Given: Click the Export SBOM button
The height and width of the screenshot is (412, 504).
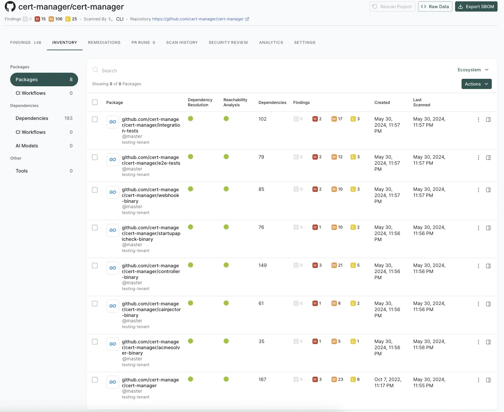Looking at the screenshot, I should point(476,6).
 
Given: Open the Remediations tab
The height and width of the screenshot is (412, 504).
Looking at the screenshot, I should point(104,42).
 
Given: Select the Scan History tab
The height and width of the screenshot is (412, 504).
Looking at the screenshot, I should point(182,42).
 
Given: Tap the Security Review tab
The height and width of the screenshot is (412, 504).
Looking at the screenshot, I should point(228,42).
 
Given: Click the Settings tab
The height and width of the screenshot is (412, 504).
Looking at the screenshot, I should point(305,42).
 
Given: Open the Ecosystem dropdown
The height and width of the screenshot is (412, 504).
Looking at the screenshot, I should point(473,70).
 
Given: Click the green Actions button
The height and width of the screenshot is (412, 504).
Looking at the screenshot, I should point(476,84).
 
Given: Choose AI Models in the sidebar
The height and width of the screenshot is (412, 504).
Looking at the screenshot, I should point(27,146).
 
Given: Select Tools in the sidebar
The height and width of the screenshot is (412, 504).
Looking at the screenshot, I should point(22,171).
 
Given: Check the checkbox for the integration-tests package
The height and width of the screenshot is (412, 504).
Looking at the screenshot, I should point(95,119).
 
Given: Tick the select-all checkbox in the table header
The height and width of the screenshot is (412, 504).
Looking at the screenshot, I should point(95,102).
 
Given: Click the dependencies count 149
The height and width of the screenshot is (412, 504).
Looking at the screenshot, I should point(263,265).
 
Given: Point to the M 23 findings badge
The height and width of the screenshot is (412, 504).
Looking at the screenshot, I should point(337,379).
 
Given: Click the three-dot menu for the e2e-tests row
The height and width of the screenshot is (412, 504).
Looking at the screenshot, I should point(479,158).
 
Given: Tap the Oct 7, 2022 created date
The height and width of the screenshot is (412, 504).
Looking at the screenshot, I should point(388,382).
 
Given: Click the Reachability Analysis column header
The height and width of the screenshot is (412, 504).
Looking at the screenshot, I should point(235,102).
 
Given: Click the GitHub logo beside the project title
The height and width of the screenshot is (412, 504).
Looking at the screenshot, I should point(10,6).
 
